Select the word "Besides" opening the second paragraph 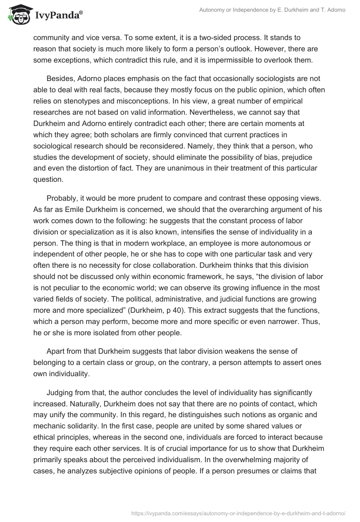60,79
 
